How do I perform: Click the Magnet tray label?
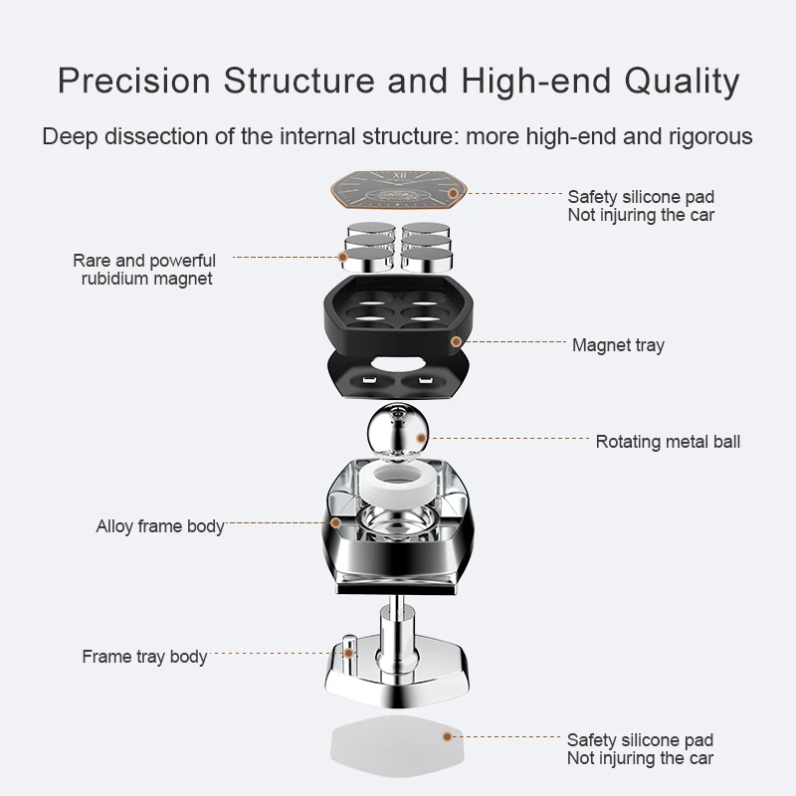[618, 345]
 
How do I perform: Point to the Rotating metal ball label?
[668, 441]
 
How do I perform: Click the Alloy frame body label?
[159, 525]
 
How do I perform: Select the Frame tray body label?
[144, 657]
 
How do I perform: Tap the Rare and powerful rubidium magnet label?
[144, 270]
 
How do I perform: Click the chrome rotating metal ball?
[396, 430]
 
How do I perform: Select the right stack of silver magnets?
[426, 246]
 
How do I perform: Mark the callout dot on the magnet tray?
[456, 341]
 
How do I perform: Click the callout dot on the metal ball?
[421, 437]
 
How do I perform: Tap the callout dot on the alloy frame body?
[336, 521]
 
